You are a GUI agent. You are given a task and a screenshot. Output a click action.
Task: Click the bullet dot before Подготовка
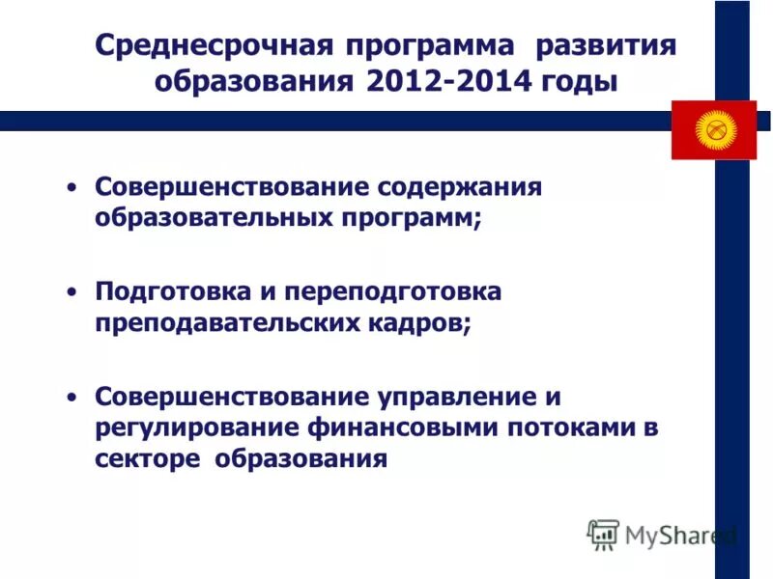tap(72, 291)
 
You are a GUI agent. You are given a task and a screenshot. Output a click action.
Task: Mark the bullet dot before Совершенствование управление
tap(72, 397)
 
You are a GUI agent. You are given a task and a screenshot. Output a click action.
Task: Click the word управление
tap(452, 397)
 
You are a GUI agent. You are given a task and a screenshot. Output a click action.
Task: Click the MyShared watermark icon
tap(604, 534)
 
